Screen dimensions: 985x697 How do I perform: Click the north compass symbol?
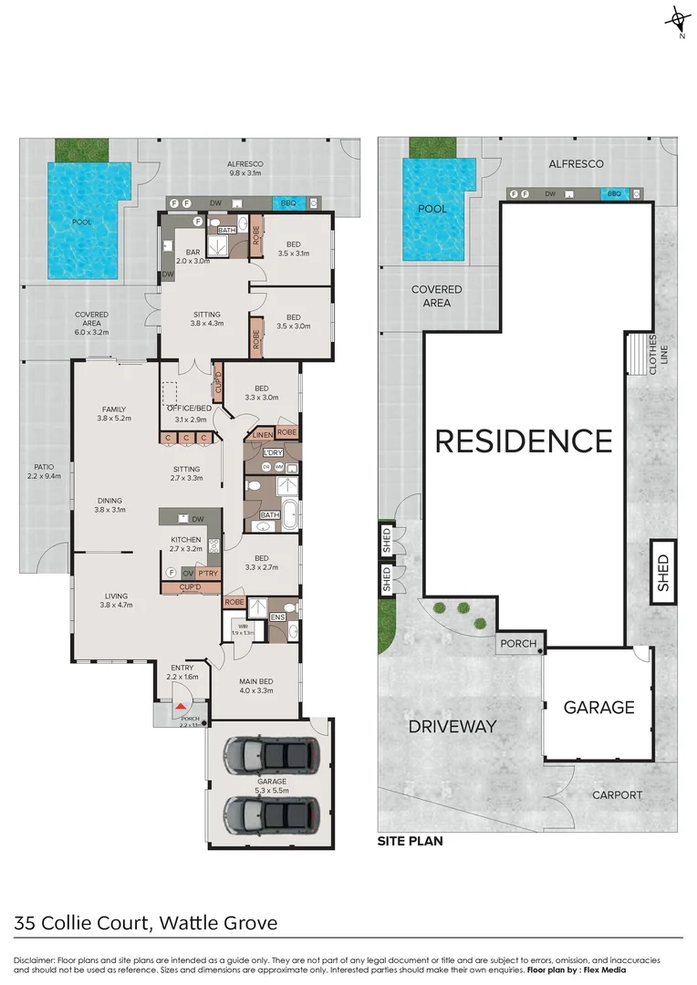677,20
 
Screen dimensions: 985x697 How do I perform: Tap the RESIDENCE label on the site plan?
524,441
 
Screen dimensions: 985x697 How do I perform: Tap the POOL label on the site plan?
432,209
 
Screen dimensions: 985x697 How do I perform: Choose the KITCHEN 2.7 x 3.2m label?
185,544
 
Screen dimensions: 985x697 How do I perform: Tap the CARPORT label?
617,794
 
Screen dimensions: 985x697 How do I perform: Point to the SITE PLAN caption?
410,841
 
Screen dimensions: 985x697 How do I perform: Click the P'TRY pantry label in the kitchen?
208,573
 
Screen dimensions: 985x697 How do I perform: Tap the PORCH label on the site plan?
518,644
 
